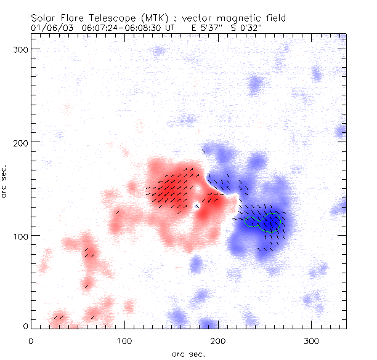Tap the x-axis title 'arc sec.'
pyautogui.click(x=189, y=354)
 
